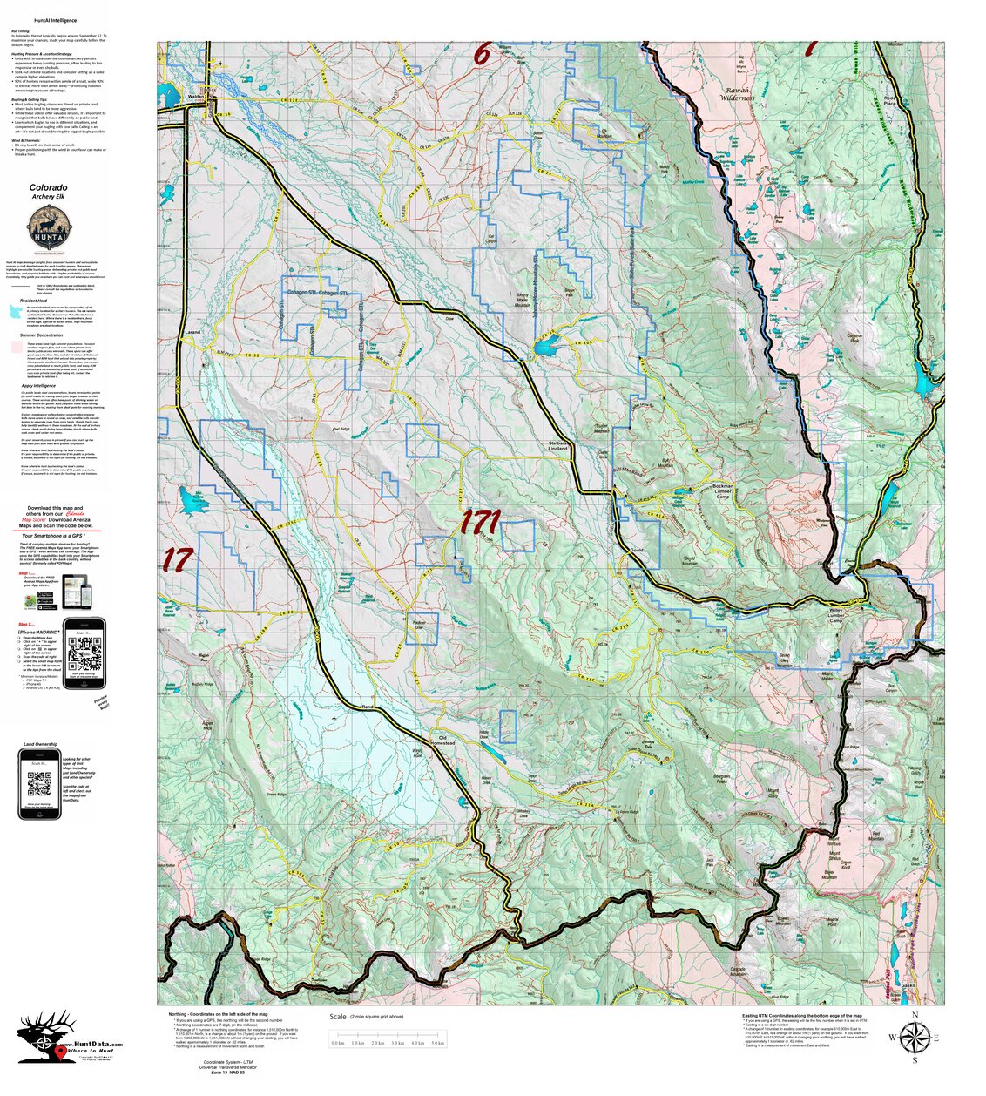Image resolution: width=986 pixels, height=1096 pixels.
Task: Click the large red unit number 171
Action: [x=479, y=523]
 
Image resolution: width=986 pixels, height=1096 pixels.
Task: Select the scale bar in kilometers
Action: [x=388, y=1042]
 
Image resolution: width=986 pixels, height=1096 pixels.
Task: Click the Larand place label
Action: [x=192, y=332]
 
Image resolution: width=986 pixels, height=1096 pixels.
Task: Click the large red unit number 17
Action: [x=177, y=559]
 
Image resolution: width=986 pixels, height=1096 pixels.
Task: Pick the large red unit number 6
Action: [x=482, y=54]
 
